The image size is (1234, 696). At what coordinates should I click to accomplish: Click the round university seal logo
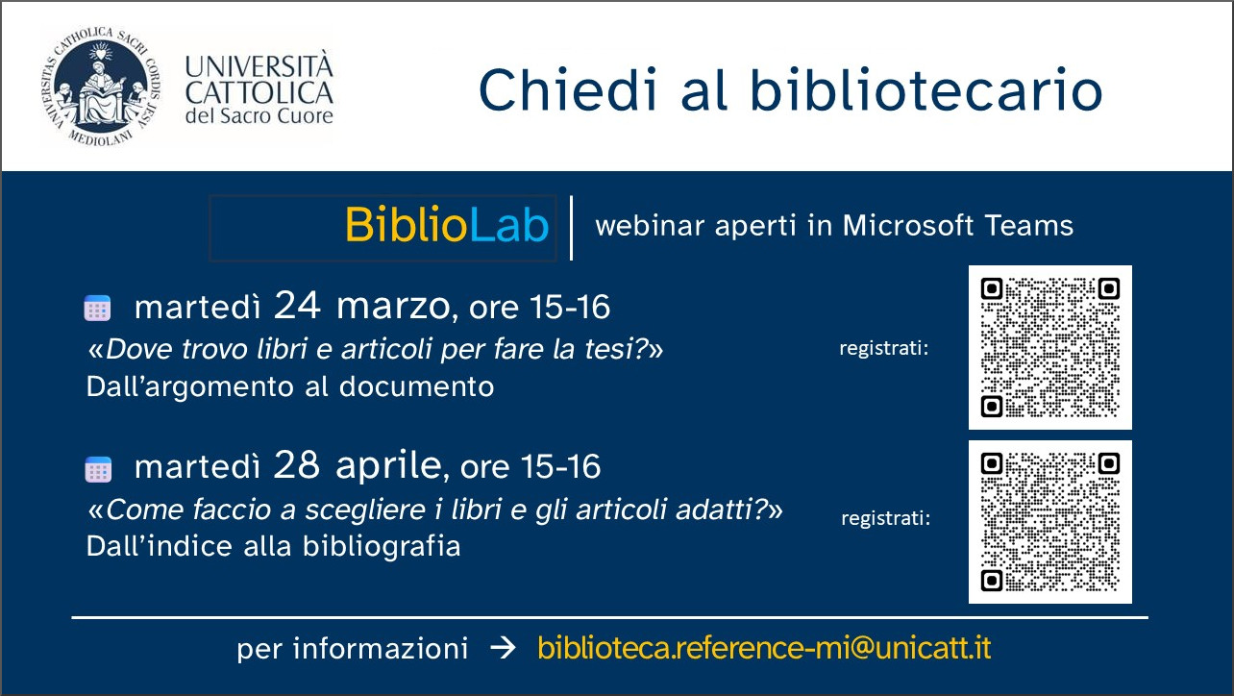100,87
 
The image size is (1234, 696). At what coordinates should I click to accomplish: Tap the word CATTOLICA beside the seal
259,92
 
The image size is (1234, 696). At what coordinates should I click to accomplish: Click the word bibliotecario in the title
926,88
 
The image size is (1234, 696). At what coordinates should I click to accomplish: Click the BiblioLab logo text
447,224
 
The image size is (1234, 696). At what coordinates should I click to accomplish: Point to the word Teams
1028,225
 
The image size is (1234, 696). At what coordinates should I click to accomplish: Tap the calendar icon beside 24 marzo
97,308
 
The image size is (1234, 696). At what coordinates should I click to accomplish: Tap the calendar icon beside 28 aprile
98,469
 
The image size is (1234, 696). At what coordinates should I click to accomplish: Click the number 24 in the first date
297,305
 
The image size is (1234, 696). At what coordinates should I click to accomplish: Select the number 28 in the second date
296,464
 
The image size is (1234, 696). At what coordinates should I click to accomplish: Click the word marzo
393,307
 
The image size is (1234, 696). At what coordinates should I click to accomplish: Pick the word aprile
388,466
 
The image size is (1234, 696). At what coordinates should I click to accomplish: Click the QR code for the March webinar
1050,348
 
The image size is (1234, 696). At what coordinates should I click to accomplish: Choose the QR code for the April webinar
1050,521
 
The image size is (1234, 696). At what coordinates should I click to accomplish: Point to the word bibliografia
382,547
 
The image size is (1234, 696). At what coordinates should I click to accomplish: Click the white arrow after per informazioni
503,648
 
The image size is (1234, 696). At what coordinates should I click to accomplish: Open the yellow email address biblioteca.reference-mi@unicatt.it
764,648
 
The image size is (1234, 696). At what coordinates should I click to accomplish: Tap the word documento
416,386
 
